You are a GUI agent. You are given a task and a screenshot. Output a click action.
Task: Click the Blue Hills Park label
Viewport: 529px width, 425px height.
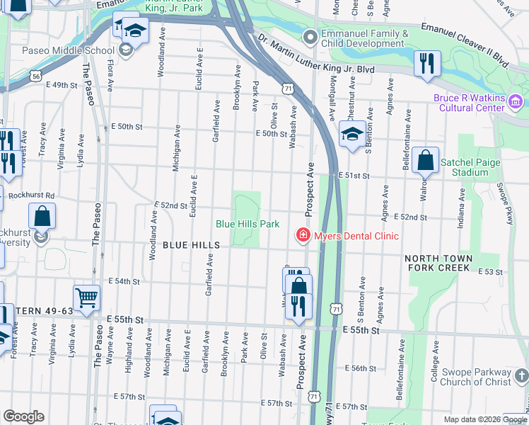point(248,224)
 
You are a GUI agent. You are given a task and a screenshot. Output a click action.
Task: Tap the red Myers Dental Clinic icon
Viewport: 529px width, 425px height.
point(303,235)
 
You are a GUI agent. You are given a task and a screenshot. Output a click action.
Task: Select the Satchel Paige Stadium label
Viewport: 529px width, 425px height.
point(464,167)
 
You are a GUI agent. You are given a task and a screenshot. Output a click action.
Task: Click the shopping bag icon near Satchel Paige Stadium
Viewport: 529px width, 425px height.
point(426,160)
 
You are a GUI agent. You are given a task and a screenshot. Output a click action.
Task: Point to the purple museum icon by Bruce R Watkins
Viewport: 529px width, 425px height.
point(516,104)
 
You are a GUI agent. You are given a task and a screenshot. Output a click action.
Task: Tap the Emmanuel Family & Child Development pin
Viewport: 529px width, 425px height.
point(309,36)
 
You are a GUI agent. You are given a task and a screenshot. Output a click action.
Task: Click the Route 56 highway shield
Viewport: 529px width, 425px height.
point(35,74)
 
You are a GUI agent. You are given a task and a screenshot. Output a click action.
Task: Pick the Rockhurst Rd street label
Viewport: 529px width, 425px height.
point(30,195)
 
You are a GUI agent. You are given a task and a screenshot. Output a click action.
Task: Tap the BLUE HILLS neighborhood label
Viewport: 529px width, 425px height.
point(192,245)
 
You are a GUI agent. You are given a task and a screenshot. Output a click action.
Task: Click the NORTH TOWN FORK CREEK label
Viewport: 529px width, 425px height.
point(437,263)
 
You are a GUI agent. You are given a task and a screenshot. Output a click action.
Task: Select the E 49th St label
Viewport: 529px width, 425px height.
point(61,85)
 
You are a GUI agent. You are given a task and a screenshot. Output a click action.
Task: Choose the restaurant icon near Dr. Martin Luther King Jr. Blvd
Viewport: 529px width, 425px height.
point(426,62)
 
